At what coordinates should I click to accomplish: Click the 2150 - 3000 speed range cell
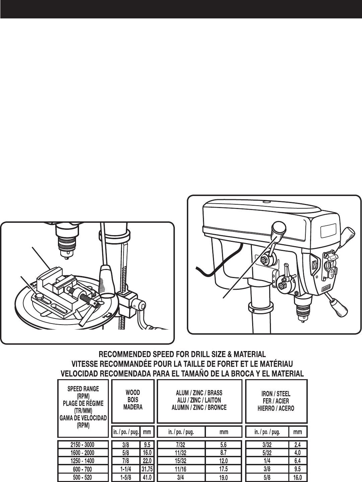[x=83, y=445]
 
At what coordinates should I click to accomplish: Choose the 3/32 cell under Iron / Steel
[x=267, y=445]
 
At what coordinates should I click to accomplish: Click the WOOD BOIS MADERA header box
[x=133, y=401]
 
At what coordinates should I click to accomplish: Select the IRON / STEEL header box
[x=276, y=401]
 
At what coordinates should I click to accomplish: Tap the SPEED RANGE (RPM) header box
[x=83, y=408]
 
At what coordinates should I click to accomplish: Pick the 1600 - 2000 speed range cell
[x=83, y=453]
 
